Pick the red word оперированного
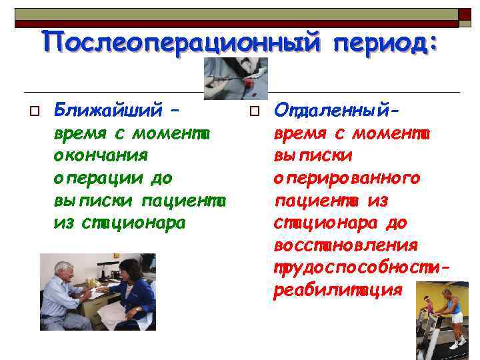click(x=347, y=178)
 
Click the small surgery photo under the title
click(x=235, y=78)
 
